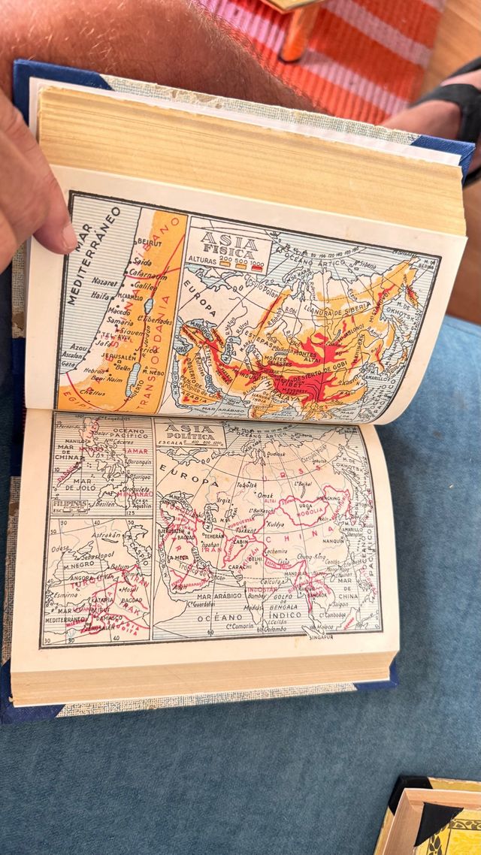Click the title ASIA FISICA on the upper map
coord(228,241)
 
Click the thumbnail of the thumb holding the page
coord(66,237)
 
